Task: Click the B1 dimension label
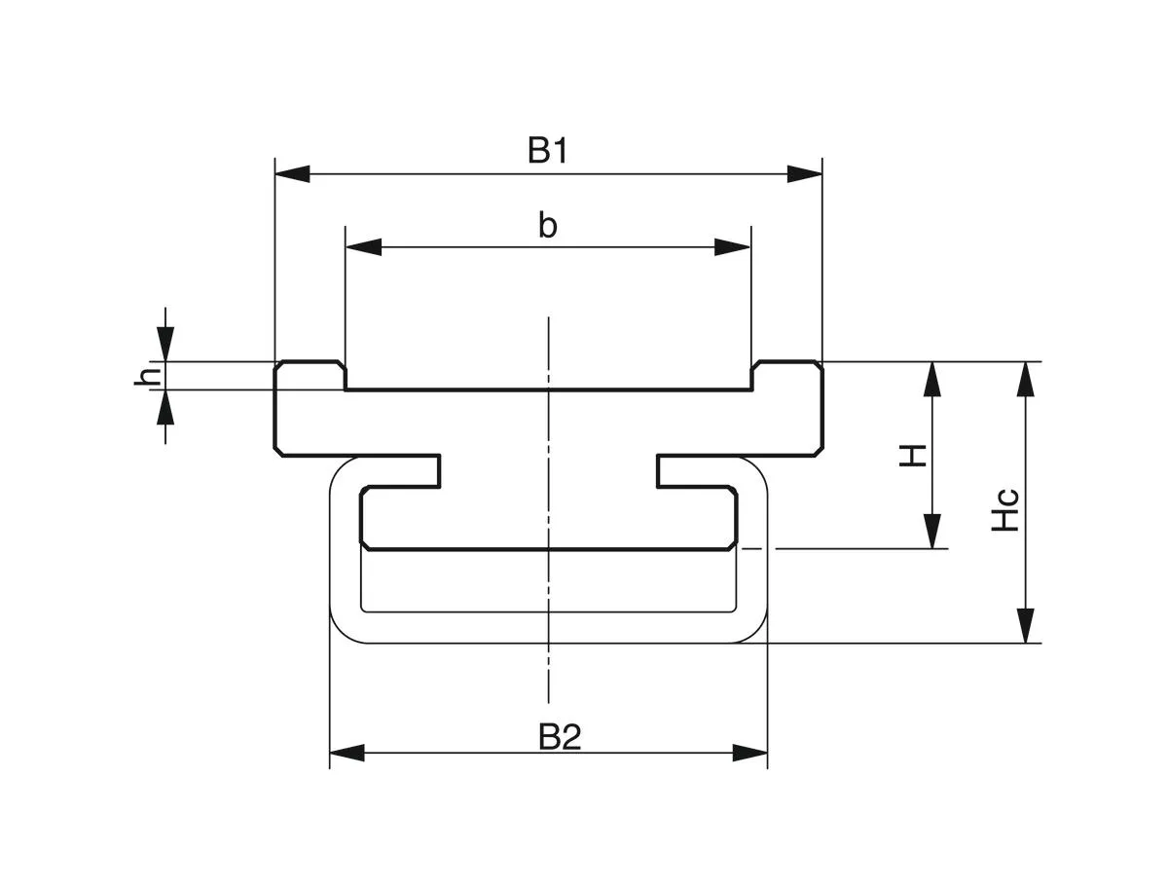pos(548,151)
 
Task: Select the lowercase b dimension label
pos(548,225)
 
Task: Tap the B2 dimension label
pos(560,737)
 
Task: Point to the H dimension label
pos(912,455)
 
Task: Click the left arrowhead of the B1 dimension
pos(292,174)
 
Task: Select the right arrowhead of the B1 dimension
pos(806,174)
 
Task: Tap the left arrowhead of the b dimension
pos(363,247)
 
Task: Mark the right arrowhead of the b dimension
pos(733,247)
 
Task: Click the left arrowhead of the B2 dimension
pos(347,753)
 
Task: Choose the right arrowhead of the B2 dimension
pos(750,753)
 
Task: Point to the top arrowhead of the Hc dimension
pos(1025,379)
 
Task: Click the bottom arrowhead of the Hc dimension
pos(1025,625)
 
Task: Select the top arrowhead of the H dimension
pos(932,379)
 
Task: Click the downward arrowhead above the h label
pos(166,344)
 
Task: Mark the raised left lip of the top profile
pos(310,375)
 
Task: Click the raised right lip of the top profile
pos(787,375)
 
